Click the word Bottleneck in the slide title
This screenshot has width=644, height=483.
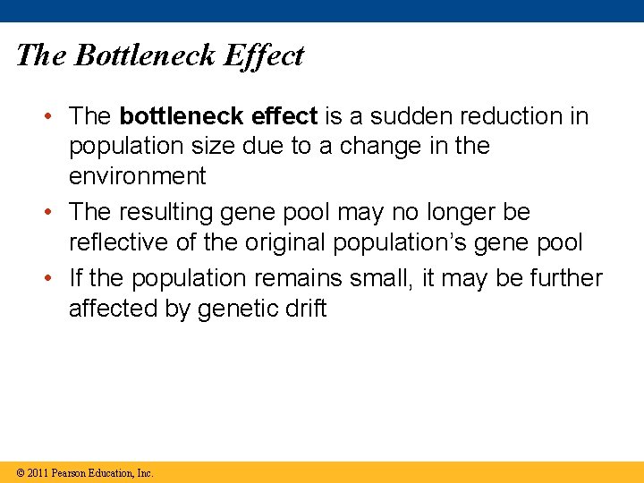(145, 55)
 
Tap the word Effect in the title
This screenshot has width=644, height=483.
(264, 55)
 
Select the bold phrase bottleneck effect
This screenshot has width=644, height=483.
(218, 116)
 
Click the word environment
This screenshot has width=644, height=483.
(137, 176)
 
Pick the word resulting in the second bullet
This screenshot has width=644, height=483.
(165, 213)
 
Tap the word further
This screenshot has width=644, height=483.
(565, 279)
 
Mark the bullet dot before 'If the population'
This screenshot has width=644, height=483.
(56, 279)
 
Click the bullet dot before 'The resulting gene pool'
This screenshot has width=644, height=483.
(56, 213)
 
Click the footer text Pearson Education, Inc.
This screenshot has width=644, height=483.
(103, 473)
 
